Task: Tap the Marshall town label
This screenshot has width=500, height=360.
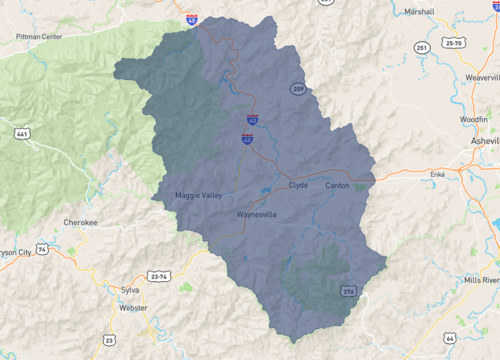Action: [x=420, y=12]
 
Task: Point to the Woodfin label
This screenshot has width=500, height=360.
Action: [x=474, y=118]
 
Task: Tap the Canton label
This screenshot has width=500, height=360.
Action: [x=337, y=186]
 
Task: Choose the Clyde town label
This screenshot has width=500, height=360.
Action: [x=299, y=186]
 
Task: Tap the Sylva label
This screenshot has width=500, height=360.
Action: [x=130, y=289]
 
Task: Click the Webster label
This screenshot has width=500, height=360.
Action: [x=133, y=308]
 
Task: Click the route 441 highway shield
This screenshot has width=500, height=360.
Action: [x=21, y=132]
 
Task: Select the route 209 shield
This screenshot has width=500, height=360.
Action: [x=298, y=89]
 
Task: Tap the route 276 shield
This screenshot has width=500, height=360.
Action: [x=349, y=290]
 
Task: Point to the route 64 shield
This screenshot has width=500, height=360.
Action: [x=451, y=339]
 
